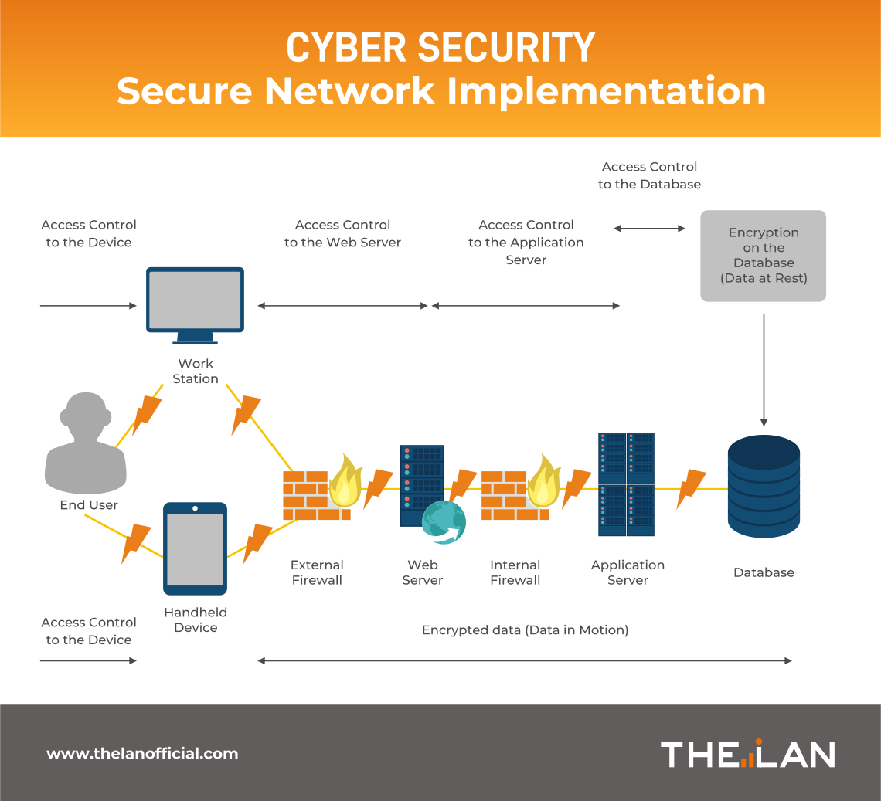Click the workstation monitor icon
tap(196, 301)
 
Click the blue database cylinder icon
tap(764, 486)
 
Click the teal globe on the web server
tap(444, 522)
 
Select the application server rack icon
tap(626, 484)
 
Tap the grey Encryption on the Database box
tap(764, 256)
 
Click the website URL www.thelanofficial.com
tap(143, 754)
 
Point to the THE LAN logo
tap(748, 754)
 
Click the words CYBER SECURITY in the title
tap(440, 48)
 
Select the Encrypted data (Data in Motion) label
tap(526, 630)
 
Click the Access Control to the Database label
tap(649, 175)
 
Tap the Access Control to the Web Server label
tap(343, 233)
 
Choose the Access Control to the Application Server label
tap(526, 243)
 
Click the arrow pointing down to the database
tap(764, 370)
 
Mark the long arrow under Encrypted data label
tap(525, 661)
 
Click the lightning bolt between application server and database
tap(691, 488)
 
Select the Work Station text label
tap(196, 371)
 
